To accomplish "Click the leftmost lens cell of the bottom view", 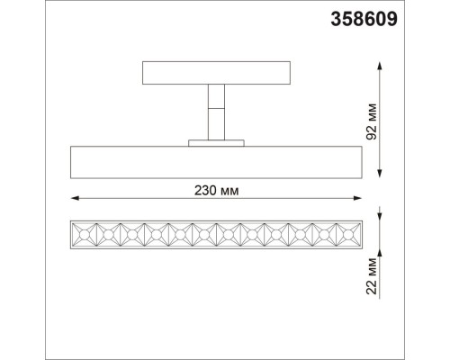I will point(82,235).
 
